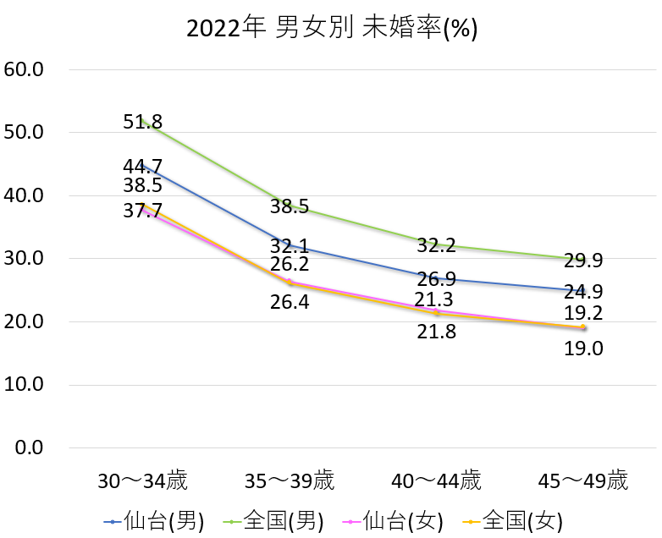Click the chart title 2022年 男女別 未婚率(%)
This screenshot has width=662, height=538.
(332, 29)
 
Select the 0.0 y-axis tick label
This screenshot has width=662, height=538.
(29, 447)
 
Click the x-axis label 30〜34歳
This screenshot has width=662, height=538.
(142, 482)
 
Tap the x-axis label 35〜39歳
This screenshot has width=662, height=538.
(290, 482)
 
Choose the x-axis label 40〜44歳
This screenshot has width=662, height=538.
(437, 482)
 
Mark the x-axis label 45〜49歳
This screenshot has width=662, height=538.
(584, 482)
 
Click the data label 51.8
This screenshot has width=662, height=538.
(142, 122)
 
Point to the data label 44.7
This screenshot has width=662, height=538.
(142, 167)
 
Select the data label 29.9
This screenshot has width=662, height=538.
(583, 261)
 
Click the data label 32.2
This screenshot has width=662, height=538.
(437, 246)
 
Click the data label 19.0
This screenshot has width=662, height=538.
(583, 348)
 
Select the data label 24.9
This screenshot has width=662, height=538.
(583, 293)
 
